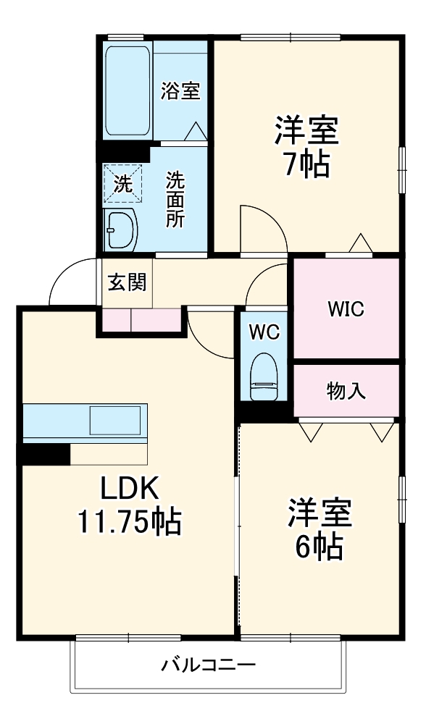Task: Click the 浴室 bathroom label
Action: click(180, 92)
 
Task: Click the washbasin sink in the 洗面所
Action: click(120, 230)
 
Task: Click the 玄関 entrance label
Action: click(127, 282)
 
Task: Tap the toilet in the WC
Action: click(263, 376)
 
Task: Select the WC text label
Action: click(263, 332)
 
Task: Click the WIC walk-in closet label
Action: click(345, 309)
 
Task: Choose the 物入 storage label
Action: click(346, 392)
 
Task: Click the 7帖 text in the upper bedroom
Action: click(305, 166)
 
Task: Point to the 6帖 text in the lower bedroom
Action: click(319, 548)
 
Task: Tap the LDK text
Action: click(128, 489)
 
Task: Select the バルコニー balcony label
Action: click(208, 665)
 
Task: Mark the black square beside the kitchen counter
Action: click(45, 454)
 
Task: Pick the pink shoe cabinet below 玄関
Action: click(141, 319)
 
